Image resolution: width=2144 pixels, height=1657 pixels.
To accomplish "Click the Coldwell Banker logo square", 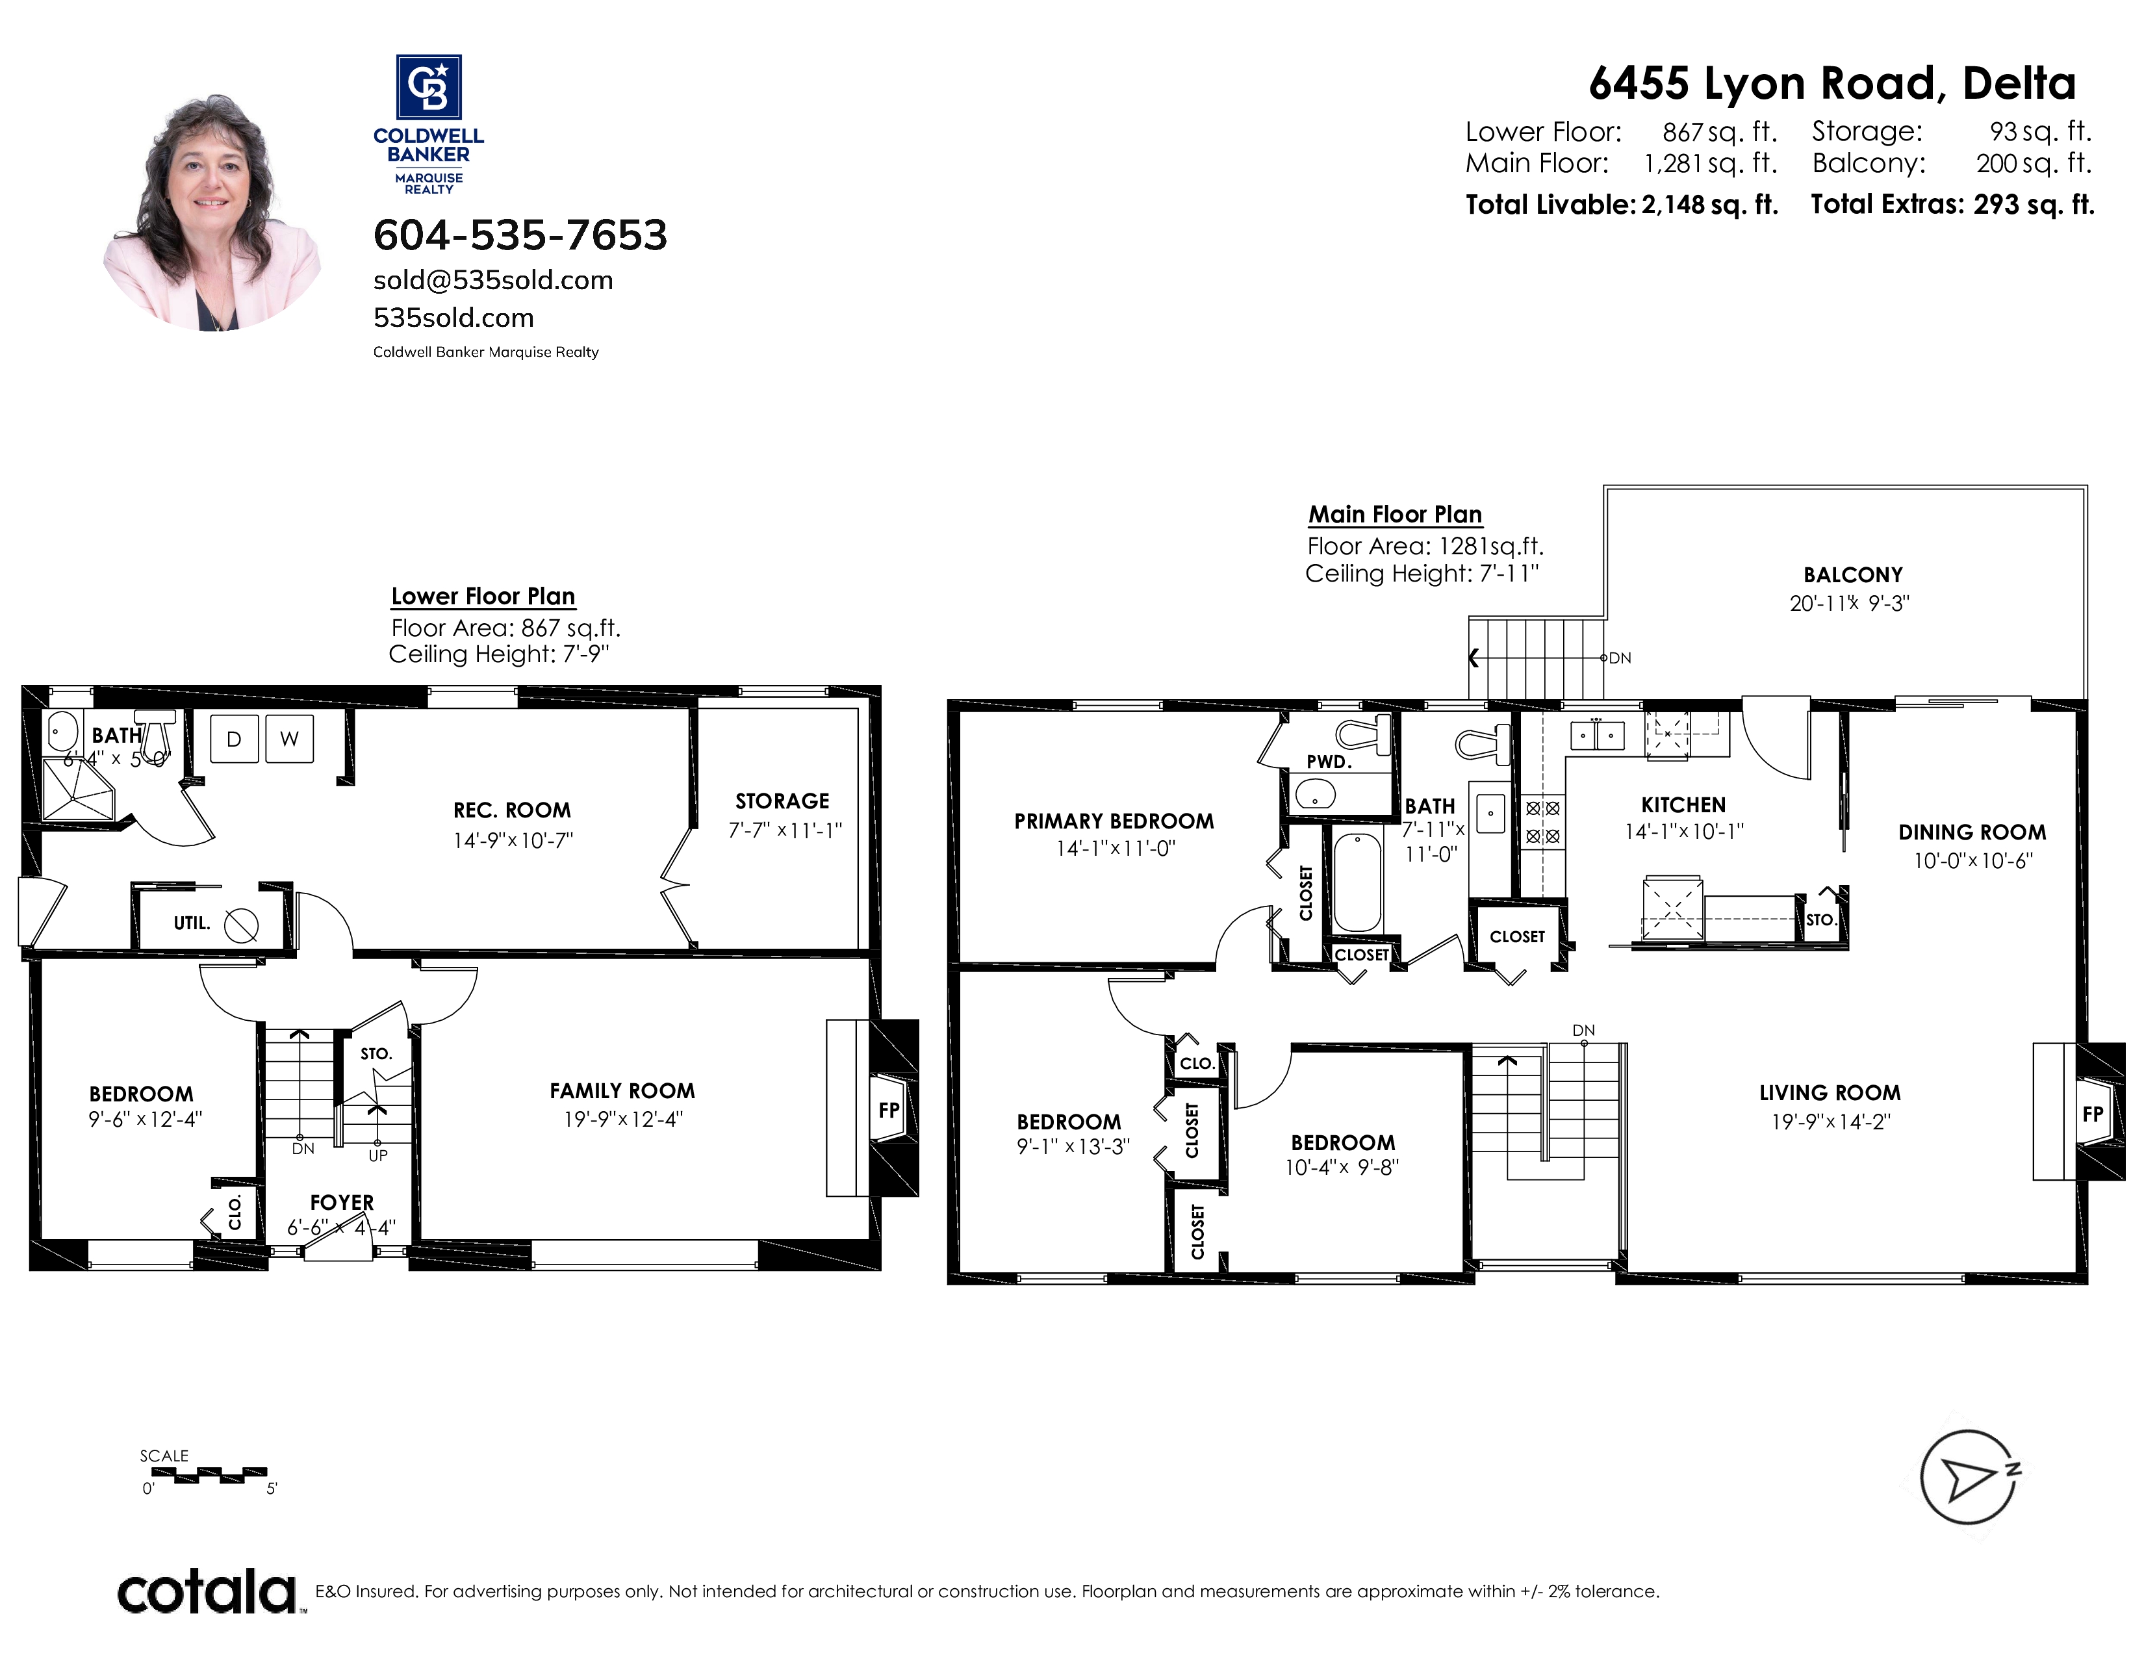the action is (x=429, y=86).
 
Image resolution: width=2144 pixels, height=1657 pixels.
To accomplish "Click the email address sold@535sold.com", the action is (x=493, y=281).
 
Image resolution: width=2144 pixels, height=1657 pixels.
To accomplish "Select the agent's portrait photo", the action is (x=212, y=212).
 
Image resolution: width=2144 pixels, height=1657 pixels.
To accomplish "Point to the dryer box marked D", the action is (x=235, y=739).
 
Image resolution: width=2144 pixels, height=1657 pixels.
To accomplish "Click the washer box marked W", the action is (x=290, y=739).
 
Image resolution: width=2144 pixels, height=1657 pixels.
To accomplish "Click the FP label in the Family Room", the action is (x=888, y=1111).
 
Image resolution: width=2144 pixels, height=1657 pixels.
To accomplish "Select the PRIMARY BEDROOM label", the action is (x=1114, y=821).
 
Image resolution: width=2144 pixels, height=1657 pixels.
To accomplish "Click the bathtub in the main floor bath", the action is (x=1359, y=882).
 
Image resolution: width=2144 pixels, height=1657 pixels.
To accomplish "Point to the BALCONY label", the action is (x=1852, y=575).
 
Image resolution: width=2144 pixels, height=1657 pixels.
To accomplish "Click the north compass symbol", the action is (x=1969, y=1478).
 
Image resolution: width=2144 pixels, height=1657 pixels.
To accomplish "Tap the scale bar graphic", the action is (x=209, y=1474).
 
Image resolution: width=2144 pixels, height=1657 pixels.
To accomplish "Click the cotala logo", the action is (x=208, y=1591).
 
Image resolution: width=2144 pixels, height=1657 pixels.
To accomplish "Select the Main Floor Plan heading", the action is (x=1395, y=515).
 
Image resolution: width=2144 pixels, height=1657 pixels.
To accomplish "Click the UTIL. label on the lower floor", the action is (x=192, y=923).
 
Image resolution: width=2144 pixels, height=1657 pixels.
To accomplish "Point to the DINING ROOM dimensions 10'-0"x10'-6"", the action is (x=1972, y=861).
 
